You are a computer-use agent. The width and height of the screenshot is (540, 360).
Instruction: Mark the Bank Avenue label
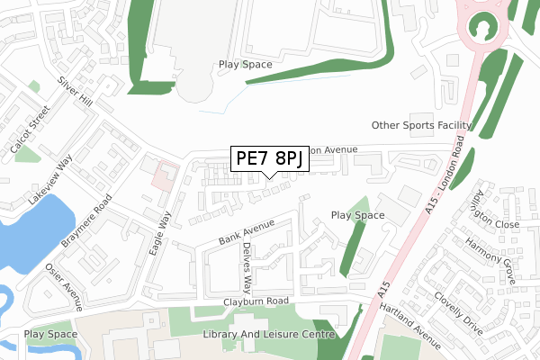pos(246,234)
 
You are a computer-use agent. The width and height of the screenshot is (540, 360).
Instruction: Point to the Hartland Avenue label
pos(411,326)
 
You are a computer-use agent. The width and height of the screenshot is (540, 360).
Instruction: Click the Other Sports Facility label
pos(421,125)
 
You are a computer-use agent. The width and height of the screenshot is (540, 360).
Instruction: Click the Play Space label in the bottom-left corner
pos(51,335)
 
